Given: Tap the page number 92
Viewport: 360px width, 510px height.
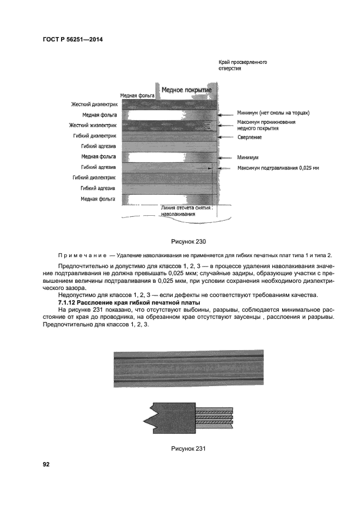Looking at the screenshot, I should (46, 464).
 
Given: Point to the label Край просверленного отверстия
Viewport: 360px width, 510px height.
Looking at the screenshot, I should (242, 66).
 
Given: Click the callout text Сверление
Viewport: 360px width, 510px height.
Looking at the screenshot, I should (249, 137).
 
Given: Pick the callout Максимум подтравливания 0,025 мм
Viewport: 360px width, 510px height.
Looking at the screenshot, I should (278, 168).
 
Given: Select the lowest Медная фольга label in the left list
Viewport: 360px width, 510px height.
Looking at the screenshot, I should (99, 199).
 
